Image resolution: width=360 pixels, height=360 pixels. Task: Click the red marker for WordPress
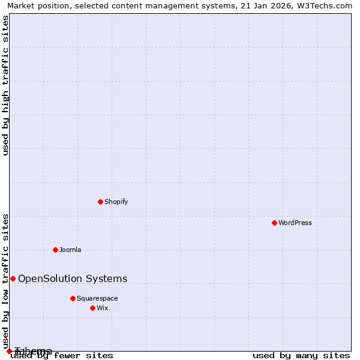[274, 223]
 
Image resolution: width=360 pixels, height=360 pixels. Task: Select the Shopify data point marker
[100, 202]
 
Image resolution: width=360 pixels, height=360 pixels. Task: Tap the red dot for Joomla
[55, 250]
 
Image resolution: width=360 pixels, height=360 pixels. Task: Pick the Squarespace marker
[73, 298]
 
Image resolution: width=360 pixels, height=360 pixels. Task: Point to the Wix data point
[92, 308]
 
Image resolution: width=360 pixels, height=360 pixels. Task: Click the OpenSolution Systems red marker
[13, 278]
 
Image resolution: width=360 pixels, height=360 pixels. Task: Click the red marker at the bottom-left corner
[9, 351]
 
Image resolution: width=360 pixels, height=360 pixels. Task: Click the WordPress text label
[295, 223]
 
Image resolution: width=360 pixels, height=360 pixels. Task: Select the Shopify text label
[116, 202]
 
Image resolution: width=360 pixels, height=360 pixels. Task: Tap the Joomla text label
[70, 250]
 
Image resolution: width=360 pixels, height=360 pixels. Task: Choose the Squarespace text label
[97, 298]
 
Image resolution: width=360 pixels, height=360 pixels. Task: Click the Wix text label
[103, 308]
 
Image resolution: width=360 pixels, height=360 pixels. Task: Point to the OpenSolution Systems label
[73, 278]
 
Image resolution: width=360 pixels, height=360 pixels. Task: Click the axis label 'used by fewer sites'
[62, 356]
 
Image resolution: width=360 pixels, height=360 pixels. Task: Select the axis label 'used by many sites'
[301, 356]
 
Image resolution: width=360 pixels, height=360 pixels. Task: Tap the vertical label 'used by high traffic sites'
[6, 85]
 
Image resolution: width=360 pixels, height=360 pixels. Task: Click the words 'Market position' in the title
[35, 5]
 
